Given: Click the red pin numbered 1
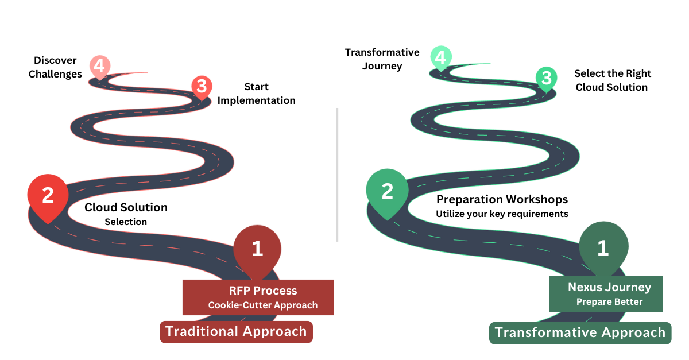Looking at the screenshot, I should (257, 249).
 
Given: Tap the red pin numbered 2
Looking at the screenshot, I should (48, 196).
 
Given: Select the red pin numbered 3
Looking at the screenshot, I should (202, 87).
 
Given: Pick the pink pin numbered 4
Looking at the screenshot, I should (99, 67).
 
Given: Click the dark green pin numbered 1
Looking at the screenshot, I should (602, 247).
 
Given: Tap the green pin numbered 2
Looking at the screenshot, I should (388, 191).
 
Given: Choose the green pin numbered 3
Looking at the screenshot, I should (547, 78).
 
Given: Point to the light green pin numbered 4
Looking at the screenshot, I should (440, 57).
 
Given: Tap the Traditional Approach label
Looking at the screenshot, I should (236, 331).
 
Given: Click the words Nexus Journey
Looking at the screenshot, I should (609, 287).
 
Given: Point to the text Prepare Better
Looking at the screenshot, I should (609, 301).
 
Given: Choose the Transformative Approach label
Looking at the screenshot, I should (580, 332).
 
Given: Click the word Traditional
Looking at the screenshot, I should (202, 331).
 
